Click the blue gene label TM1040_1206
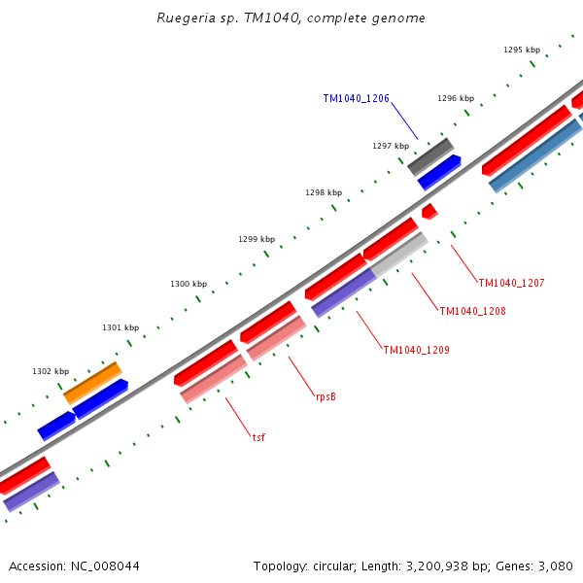point(356,98)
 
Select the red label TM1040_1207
point(511,283)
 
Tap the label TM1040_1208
point(472,311)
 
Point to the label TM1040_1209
point(416,350)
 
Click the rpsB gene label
point(326,396)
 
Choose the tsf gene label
point(258,437)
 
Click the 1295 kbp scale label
point(522,50)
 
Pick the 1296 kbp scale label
point(456,98)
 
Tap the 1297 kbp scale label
point(391,146)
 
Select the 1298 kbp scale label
point(324,192)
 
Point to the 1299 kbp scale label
point(257,239)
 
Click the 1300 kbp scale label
point(189,284)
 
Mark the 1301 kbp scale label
point(120,327)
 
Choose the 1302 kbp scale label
point(51,371)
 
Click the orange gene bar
point(92,383)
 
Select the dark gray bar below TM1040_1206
point(430,156)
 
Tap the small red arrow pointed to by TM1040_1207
point(429,211)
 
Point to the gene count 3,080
point(555,566)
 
